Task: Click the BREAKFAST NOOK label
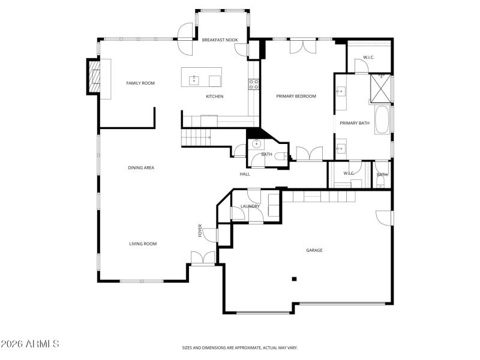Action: (220, 40)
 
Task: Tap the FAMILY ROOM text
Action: (140, 83)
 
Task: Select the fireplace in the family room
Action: (94, 76)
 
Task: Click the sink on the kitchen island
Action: (194, 79)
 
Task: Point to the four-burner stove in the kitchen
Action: (254, 84)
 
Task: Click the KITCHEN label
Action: (215, 97)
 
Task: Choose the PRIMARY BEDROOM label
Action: (296, 96)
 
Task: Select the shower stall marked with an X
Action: (380, 88)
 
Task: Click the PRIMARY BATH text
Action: (355, 124)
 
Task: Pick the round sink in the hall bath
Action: (257, 143)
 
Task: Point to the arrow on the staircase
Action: (208, 138)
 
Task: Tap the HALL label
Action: (245, 174)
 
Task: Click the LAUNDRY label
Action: (250, 206)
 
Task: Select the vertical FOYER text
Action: (200, 231)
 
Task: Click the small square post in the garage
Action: (294, 278)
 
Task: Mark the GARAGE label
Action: (314, 250)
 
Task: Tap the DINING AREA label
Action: (141, 168)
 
